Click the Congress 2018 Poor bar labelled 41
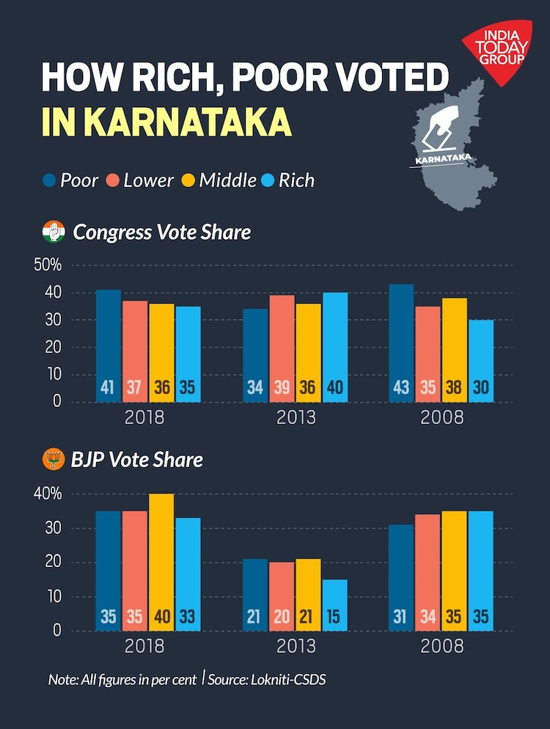109,345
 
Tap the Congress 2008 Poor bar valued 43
401,342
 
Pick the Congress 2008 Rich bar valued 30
481,361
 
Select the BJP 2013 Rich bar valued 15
335,605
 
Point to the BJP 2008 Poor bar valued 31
401,577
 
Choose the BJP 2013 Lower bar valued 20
282,596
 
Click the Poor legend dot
50,180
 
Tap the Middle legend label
227,180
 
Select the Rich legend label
296,180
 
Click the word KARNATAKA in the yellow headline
186,122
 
